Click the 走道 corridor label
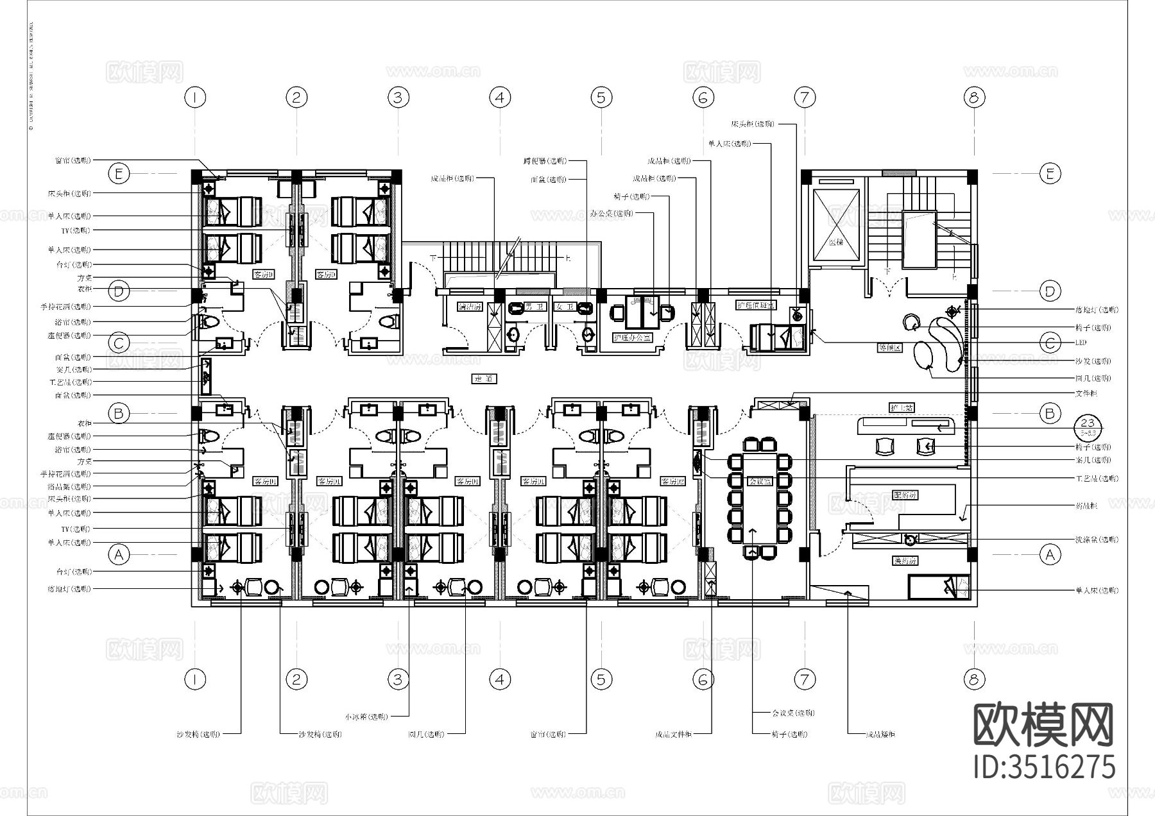tap(484, 379)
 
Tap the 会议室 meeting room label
tap(760, 480)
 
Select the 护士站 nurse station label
tap(902, 407)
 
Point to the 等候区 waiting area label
tap(890, 348)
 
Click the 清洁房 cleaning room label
tap(470, 307)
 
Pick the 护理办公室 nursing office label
tap(633, 337)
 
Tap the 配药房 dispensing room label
tap(905, 496)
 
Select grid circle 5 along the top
tap(601, 98)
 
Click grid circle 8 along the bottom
tap(974, 679)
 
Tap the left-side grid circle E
tap(119, 173)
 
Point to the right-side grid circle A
tap(1050, 554)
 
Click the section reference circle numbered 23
tap(1087, 425)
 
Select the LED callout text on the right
tap(1081, 343)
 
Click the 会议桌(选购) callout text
tap(793, 713)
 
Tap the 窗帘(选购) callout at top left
tap(73, 160)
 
